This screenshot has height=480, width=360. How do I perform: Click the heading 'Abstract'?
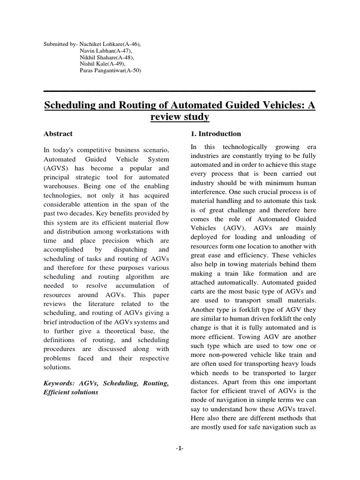58,134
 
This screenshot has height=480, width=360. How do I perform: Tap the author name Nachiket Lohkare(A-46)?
111,44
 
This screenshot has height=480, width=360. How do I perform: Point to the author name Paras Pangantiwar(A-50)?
111,70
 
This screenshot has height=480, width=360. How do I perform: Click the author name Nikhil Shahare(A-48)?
107,57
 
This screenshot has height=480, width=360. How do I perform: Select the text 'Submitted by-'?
61,44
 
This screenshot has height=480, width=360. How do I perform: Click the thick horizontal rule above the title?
180,90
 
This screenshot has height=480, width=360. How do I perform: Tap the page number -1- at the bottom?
180,449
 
